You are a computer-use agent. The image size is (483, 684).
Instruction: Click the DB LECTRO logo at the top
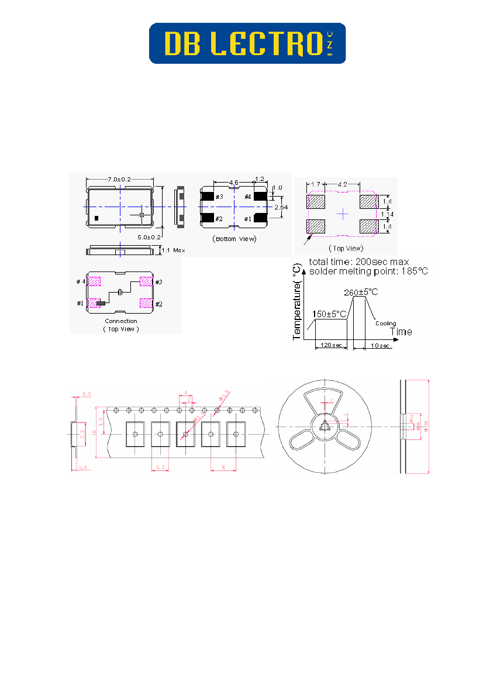pyautogui.click(x=247, y=43)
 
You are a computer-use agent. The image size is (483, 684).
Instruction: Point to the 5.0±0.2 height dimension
pyautogui.click(x=150, y=237)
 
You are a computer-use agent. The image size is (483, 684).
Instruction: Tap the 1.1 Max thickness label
pyautogui.click(x=172, y=250)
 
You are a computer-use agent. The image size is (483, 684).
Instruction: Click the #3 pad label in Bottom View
pyautogui.click(x=219, y=197)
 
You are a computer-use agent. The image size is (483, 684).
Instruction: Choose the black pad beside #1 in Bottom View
pyautogui.click(x=260, y=218)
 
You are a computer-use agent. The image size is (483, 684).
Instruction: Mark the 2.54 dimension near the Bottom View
pyautogui.click(x=281, y=207)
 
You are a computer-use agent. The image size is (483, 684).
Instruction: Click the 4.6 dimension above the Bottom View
pyautogui.click(x=233, y=183)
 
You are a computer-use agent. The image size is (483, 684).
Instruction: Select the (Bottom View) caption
pyautogui.click(x=234, y=239)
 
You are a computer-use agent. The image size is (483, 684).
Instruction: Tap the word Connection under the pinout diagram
pyautogui.click(x=121, y=321)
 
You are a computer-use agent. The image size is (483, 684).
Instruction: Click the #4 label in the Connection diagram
pyautogui.click(x=81, y=282)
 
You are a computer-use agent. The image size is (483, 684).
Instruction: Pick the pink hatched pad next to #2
pyautogui.click(x=145, y=303)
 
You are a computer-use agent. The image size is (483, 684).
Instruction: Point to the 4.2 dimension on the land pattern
pyautogui.click(x=343, y=184)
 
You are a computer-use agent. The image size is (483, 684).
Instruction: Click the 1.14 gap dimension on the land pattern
pyautogui.click(x=387, y=214)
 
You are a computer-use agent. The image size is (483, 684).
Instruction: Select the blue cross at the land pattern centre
pyautogui.click(x=343, y=215)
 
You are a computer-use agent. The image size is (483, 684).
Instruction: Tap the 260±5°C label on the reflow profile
pyautogui.click(x=361, y=293)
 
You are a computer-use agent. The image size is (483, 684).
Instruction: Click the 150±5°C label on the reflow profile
pyautogui.click(x=330, y=314)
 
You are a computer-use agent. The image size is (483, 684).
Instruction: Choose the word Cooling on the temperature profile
pyautogui.click(x=385, y=323)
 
